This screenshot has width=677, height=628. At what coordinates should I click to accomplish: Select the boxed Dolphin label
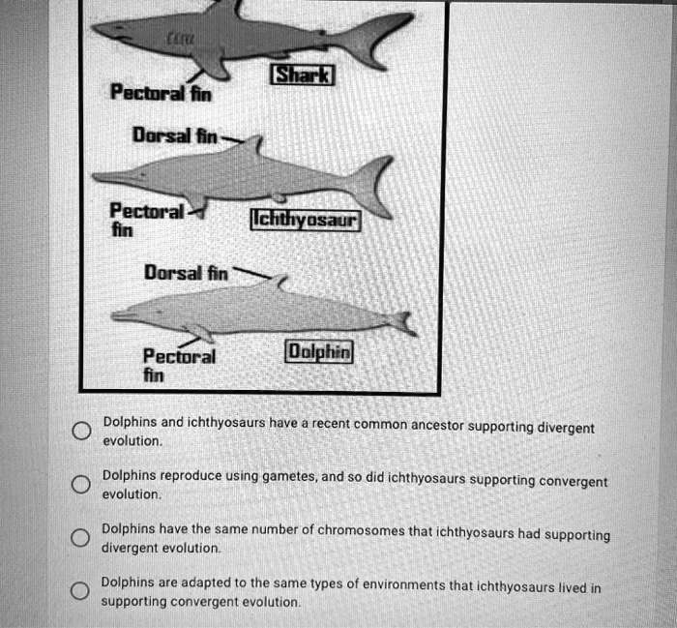point(320,351)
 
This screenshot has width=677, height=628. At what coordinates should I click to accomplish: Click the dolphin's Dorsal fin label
point(187,274)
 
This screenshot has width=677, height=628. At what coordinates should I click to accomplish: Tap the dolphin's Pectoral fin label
point(179,364)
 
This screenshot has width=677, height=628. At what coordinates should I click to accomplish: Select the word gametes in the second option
point(287,476)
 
